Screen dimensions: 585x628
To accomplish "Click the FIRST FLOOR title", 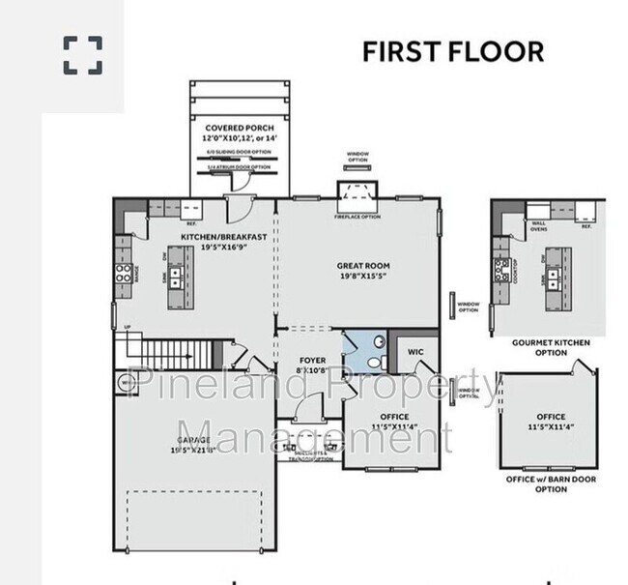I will (x=452, y=51).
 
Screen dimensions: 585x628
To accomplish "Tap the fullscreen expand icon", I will (x=83, y=55).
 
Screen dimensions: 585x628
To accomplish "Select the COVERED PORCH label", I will (x=239, y=128).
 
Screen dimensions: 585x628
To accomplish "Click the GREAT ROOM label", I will (x=362, y=265).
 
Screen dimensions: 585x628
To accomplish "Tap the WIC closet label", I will (x=415, y=352).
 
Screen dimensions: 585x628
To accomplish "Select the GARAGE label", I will (x=193, y=439).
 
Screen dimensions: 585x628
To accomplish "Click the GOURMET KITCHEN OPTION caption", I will (x=551, y=347).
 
